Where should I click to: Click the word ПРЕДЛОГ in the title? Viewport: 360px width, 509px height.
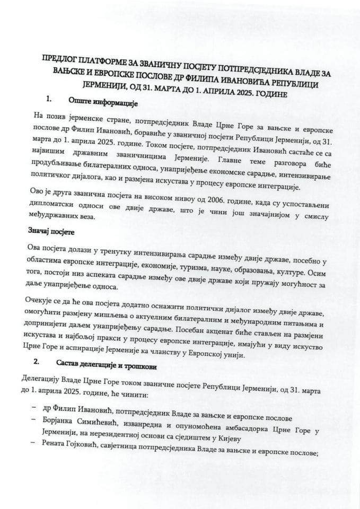(59, 58)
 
